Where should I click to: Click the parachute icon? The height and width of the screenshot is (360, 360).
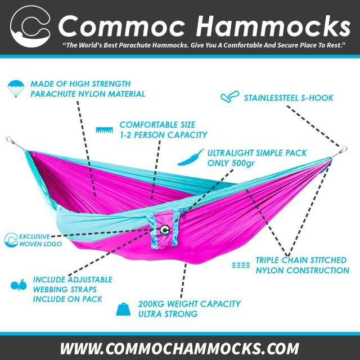coord(17,87)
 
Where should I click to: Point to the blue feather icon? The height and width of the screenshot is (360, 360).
coord(190,157)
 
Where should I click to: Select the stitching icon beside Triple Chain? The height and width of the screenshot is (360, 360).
coord(241,265)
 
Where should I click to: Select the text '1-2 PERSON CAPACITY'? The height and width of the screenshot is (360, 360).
coord(163,135)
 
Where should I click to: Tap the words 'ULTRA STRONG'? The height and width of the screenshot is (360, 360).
coord(168,314)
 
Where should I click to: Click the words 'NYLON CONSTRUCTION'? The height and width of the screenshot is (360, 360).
coord(302,271)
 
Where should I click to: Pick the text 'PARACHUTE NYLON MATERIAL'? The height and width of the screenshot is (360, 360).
coord(88,94)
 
